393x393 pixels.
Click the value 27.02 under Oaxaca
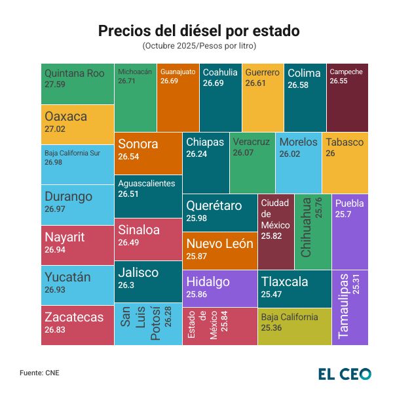tap(55, 129)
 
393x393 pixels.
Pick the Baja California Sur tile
tap(78, 164)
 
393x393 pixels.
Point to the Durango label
tap(68, 196)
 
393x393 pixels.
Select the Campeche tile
tap(346, 96)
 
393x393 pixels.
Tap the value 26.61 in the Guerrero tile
tap(255, 84)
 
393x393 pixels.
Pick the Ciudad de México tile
tap(276, 232)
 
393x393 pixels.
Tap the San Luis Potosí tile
tap(148, 323)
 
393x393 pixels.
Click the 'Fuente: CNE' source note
tap(40, 373)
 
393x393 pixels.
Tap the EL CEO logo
tap(345, 373)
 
